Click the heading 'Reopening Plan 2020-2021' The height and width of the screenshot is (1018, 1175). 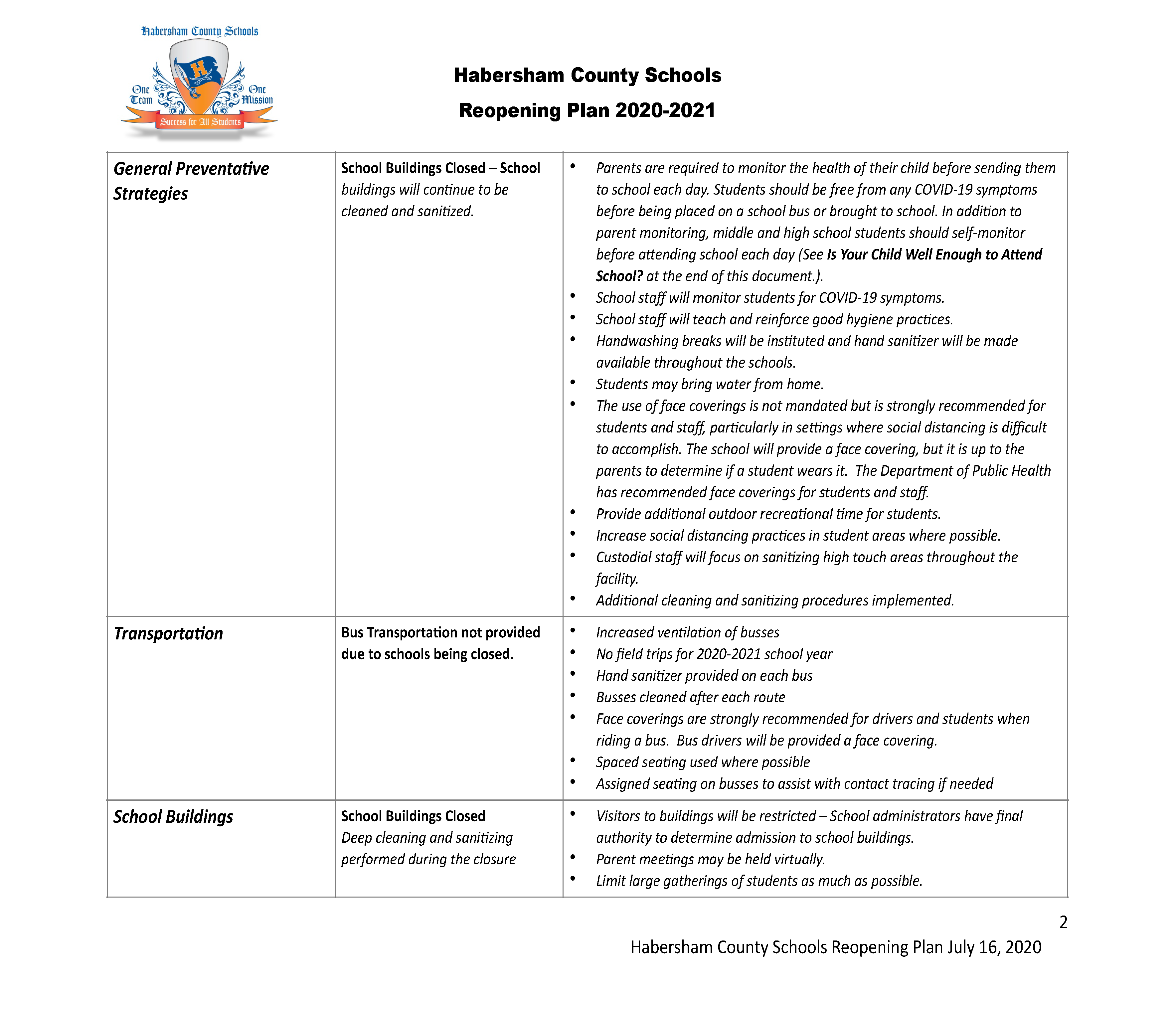587,110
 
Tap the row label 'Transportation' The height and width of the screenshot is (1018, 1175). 168,633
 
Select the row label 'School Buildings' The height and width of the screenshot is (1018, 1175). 173,817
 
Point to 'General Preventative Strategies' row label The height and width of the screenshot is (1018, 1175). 191,181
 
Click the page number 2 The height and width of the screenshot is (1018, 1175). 1064,922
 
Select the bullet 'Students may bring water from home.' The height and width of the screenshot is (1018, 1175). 710,385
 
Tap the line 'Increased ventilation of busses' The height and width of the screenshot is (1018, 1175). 688,633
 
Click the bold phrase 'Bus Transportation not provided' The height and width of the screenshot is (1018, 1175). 440,633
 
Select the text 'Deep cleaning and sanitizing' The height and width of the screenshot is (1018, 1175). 427,838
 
